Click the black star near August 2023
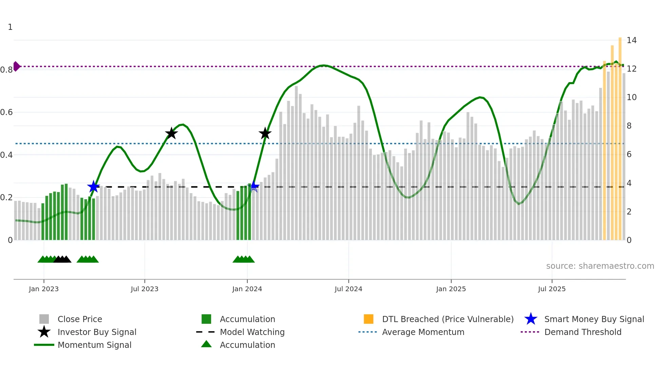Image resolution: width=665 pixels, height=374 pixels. [x=171, y=133]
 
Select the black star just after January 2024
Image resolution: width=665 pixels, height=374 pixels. [x=265, y=133]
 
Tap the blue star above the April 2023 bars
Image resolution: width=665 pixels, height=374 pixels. [x=93, y=186]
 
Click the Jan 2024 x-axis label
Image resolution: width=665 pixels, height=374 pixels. [x=247, y=289]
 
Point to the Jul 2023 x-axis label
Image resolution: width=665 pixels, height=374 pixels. [x=145, y=289]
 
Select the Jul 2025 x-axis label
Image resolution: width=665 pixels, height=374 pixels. [x=552, y=289]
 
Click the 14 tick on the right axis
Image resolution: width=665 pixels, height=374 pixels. [x=631, y=40]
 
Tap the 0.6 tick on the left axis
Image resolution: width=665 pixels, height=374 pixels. [x=7, y=112]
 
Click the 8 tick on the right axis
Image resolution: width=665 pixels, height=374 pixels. [x=629, y=126]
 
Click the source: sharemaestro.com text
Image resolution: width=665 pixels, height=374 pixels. [x=600, y=266]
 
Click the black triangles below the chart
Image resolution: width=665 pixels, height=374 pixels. [x=62, y=259]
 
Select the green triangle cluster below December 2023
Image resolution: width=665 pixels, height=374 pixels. [x=244, y=259]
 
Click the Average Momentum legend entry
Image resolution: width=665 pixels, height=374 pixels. [x=423, y=332]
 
